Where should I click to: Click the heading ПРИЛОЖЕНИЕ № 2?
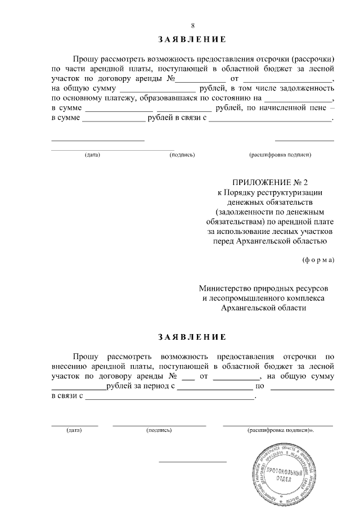coord(271,181)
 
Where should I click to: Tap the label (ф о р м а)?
coord(318,260)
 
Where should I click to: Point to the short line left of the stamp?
coord(192,461)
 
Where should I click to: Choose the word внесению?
coord(69,366)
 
